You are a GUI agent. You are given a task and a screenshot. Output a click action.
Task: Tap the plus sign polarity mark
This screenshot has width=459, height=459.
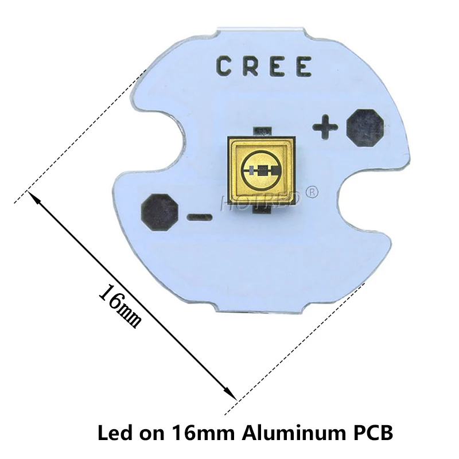(325, 127)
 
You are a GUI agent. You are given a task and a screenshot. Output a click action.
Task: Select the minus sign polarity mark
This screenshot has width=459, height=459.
(200, 217)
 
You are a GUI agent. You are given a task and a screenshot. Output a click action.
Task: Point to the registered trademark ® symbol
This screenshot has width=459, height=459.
(313, 192)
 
